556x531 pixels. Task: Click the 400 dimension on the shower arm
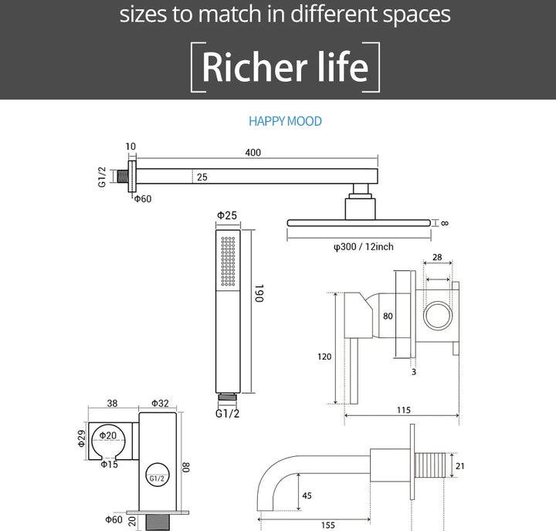coord(253,152)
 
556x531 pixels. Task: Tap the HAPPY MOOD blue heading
coord(285,121)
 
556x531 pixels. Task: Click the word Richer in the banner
coord(254,66)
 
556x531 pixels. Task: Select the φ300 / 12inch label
coord(364,247)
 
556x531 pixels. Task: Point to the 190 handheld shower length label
coord(259,293)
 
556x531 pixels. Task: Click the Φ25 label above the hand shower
coord(227,215)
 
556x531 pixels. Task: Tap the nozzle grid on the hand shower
coord(228,261)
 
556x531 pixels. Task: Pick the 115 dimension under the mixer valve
coord(404,410)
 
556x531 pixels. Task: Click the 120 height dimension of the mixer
coord(324,357)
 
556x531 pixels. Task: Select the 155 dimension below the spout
coord(328,525)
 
